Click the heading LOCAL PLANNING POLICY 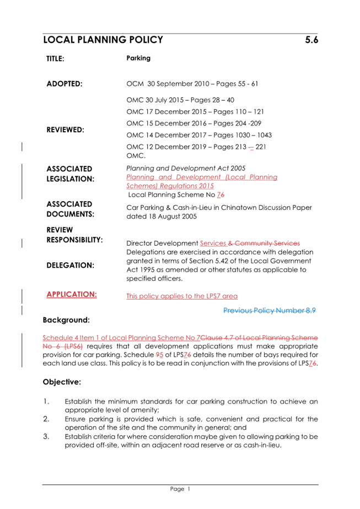[x=103, y=40]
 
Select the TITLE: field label [x=55, y=58]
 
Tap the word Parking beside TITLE [x=138, y=57]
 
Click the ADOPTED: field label [x=64, y=84]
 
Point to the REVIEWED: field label [x=65, y=129]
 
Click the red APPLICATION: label [x=72, y=294]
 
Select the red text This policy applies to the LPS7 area [x=182, y=296]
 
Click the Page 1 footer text [x=180, y=489]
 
